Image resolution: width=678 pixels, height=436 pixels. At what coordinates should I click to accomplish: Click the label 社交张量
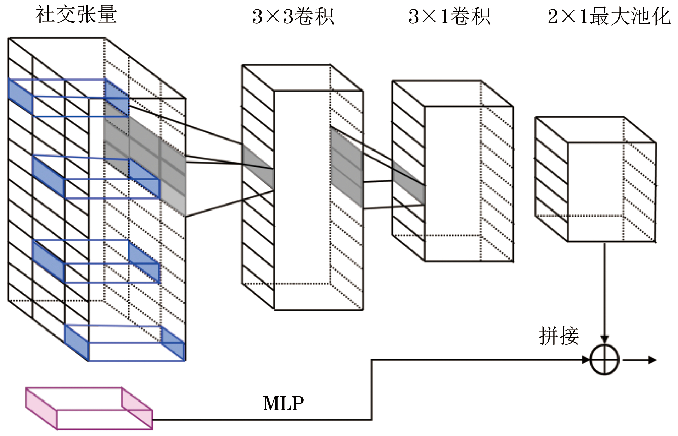pyautogui.click(x=76, y=15)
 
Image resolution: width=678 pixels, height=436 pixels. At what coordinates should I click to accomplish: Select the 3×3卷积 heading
pyautogui.click(x=293, y=16)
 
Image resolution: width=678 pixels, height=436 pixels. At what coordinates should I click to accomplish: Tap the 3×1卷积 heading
pyautogui.click(x=449, y=16)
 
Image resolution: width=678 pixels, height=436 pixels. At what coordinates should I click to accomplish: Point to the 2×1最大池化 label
pyautogui.click(x=609, y=16)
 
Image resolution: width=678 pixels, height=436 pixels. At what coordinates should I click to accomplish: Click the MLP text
pyautogui.click(x=283, y=403)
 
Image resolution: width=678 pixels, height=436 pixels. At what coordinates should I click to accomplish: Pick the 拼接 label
pyautogui.click(x=559, y=336)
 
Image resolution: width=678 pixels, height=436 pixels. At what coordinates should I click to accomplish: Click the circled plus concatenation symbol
pyautogui.click(x=605, y=360)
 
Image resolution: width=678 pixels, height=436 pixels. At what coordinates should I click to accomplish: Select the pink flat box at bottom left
pyautogui.click(x=89, y=408)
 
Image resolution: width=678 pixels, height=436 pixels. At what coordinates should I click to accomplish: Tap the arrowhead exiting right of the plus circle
pyautogui.click(x=652, y=360)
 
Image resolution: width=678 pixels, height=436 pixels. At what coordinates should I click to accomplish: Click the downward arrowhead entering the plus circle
pyautogui.click(x=605, y=339)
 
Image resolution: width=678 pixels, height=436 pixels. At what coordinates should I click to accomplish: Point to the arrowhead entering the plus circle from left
pyautogui.click(x=586, y=360)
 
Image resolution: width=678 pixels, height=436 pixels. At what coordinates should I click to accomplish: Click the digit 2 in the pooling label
pyautogui.click(x=553, y=16)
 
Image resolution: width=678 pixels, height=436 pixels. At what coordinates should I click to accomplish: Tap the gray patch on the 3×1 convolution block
pyautogui.click(x=409, y=182)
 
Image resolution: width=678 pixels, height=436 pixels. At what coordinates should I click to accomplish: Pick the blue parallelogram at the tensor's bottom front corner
pyautogui.click(x=77, y=343)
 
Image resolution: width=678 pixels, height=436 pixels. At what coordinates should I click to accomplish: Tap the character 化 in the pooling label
pyautogui.click(x=662, y=16)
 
